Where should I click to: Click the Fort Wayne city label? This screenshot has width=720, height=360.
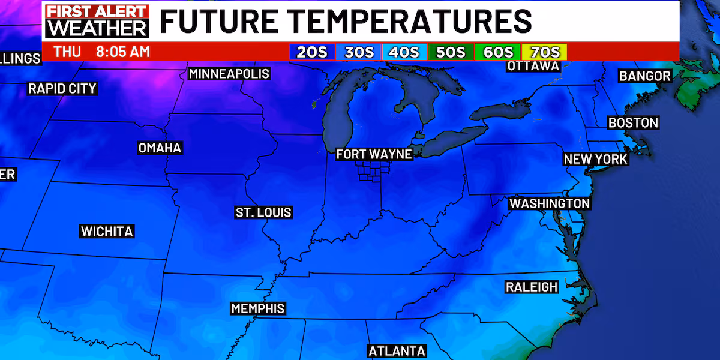coord(374,154)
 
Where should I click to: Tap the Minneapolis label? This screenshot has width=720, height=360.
coord(229,74)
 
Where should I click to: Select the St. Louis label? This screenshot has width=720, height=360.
coord(263,212)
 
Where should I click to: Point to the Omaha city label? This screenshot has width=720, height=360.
coord(160,148)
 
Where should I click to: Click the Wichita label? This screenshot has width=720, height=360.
coord(107,231)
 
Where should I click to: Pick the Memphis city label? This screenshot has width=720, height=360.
coord(258,308)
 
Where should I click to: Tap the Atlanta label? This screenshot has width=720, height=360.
coord(397,351)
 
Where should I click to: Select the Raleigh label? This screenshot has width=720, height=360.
coord(532,287)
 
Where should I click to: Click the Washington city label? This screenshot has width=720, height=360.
coord(550,203)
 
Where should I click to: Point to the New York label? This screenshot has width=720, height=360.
coord(595,159)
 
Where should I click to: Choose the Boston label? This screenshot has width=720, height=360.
coord(633,123)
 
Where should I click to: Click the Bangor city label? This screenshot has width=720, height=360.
coord(645,76)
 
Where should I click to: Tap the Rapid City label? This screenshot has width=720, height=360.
coord(62,89)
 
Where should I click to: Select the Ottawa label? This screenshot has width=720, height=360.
coord(533,66)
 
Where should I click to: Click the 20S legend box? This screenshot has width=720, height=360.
coord(312,52)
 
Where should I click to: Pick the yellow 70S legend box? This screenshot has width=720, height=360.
coord(544,52)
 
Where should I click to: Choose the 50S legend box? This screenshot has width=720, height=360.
coord(451,52)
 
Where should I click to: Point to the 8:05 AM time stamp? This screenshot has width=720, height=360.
coord(123,52)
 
